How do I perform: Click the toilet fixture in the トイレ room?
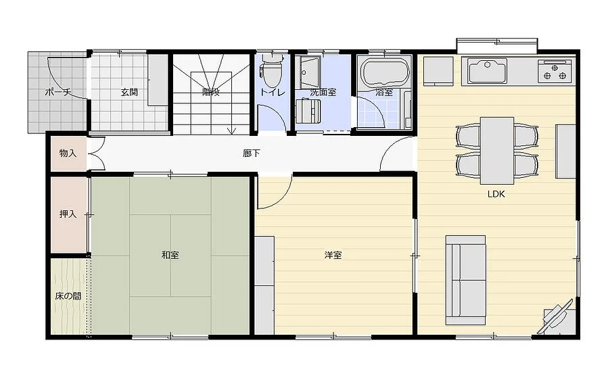272,70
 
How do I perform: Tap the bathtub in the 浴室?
385,72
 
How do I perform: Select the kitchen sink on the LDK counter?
487,71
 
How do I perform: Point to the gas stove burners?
555,70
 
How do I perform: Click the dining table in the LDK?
497,150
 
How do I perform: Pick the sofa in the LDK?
465,280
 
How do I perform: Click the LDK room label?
496,194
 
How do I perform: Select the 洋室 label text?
333,255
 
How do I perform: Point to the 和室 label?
170,255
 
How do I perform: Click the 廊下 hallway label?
252,153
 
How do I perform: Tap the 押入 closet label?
68,214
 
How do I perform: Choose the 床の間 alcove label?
68,296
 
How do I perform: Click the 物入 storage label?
68,153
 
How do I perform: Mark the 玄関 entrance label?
129,92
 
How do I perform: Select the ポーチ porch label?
58,92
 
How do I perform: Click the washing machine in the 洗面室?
308,112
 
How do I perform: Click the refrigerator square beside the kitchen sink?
438,71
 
